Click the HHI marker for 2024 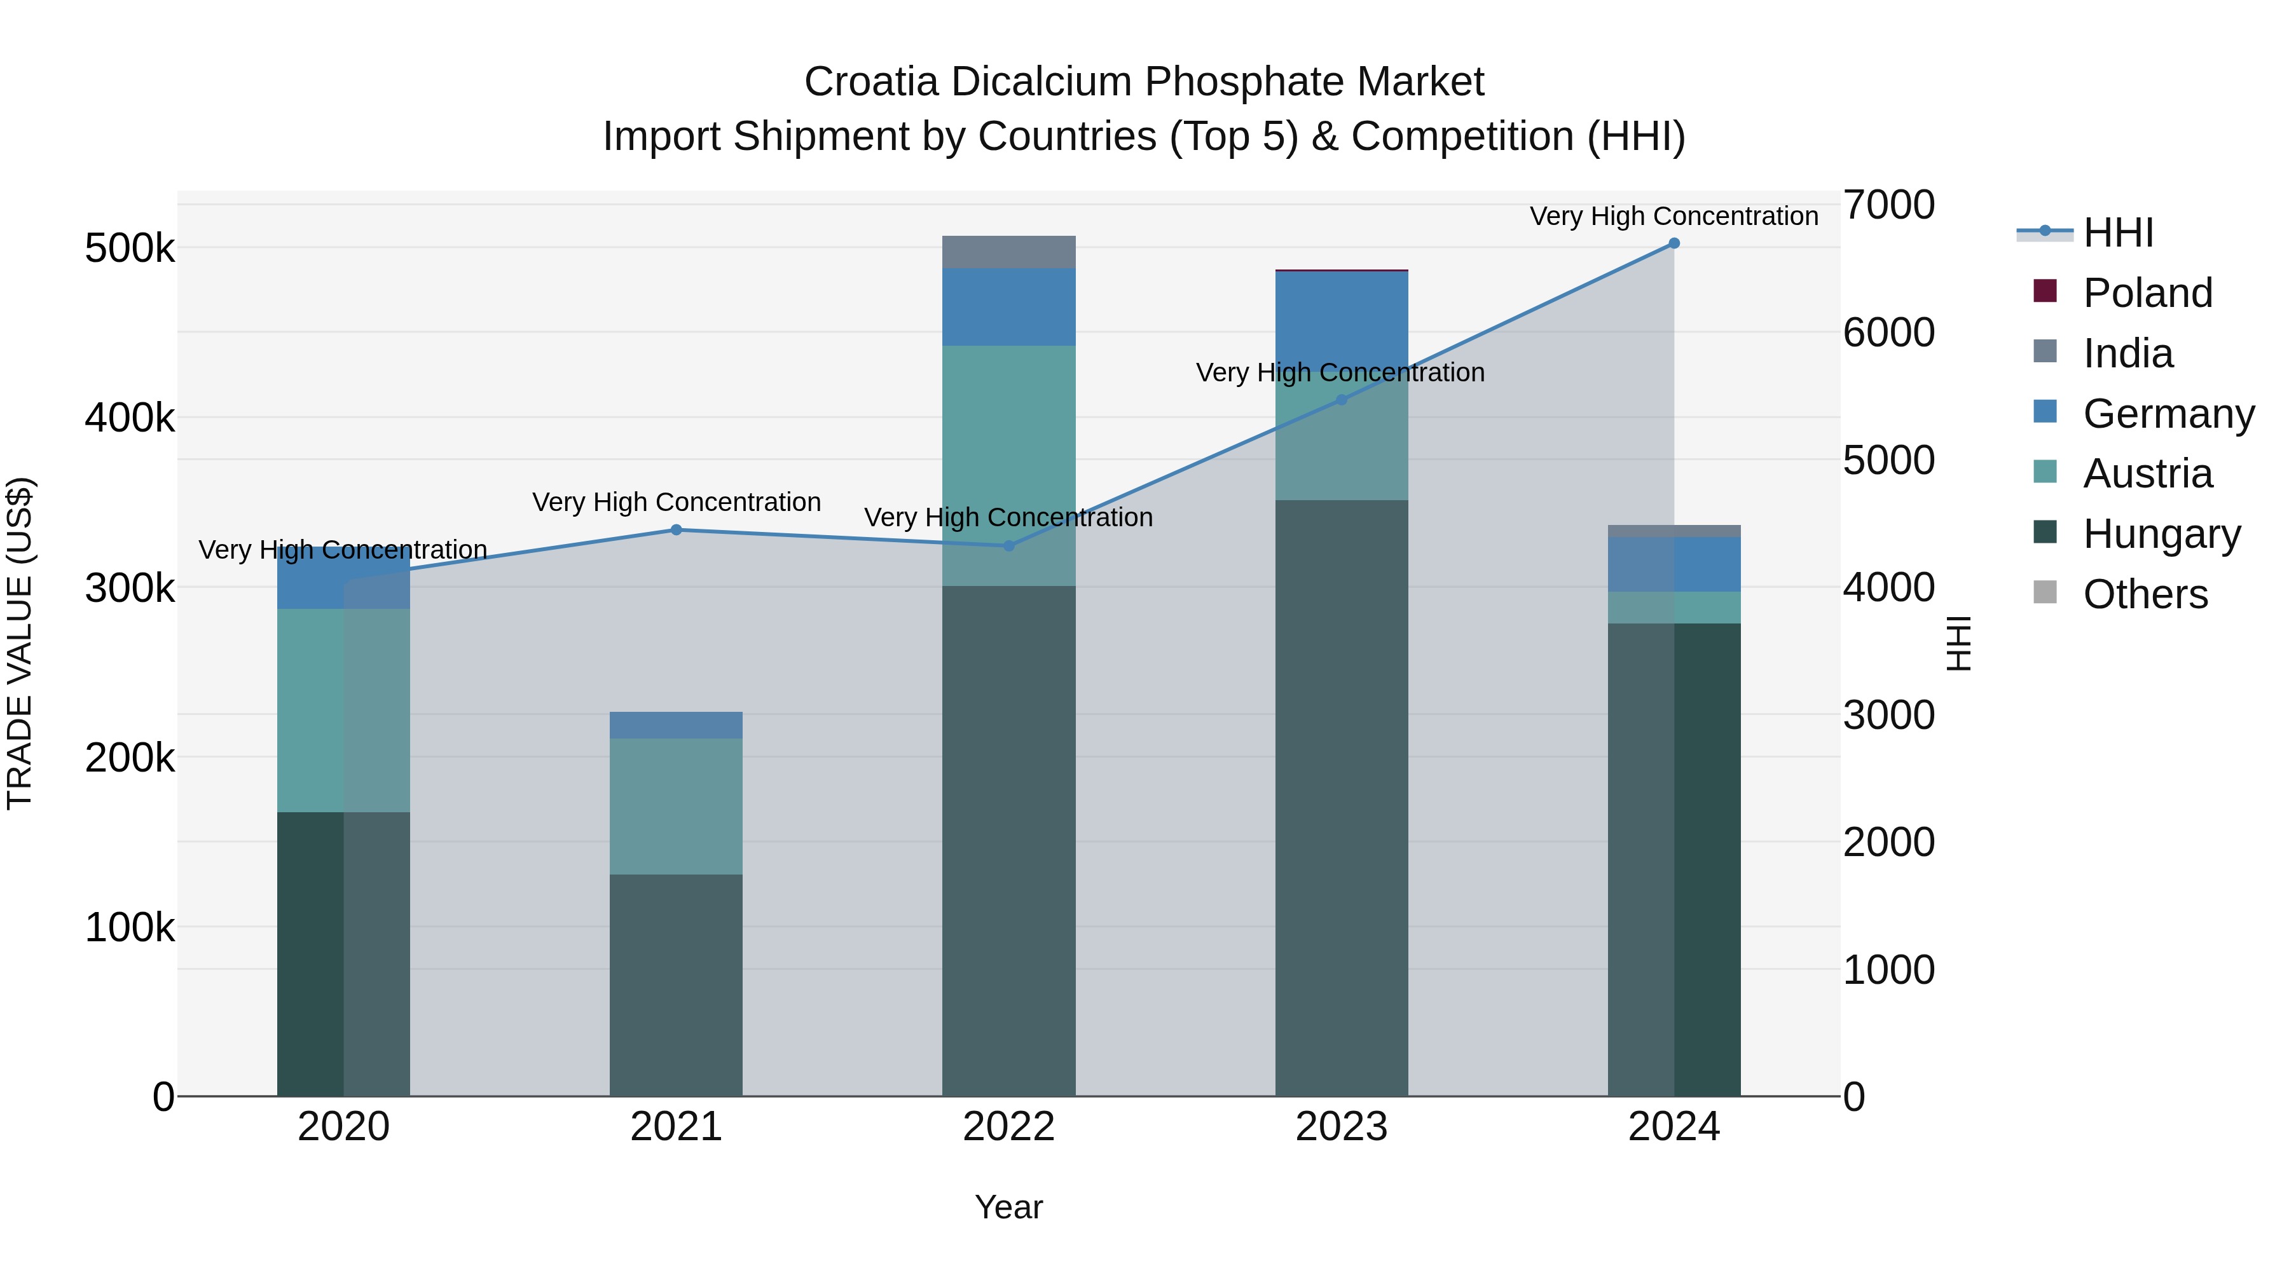click(x=1674, y=243)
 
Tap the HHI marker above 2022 click(x=1008, y=546)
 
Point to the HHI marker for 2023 click(x=1342, y=400)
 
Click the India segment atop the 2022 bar click(x=1008, y=252)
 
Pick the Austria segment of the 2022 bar click(x=1008, y=465)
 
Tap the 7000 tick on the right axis click(x=1888, y=205)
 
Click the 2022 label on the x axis click(x=1008, y=1127)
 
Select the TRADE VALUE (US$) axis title click(x=20, y=643)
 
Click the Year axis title click(x=1008, y=1207)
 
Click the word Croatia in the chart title click(x=871, y=82)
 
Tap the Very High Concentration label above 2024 click(x=1674, y=216)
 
